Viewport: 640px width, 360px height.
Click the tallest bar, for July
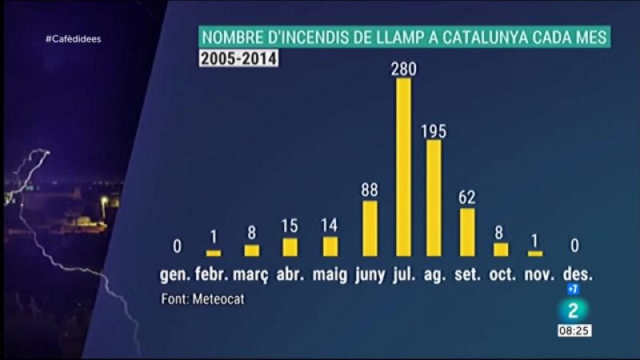point(404,167)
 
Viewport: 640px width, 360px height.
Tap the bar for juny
point(370,228)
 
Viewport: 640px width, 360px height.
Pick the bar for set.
point(467,232)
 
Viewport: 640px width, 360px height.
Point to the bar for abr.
point(290,247)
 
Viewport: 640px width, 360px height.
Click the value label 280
point(404,70)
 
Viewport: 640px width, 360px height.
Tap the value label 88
point(370,191)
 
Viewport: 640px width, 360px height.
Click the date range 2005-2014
point(238,58)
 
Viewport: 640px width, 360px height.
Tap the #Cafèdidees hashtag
point(73,39)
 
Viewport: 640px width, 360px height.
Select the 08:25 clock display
point(575,330)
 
